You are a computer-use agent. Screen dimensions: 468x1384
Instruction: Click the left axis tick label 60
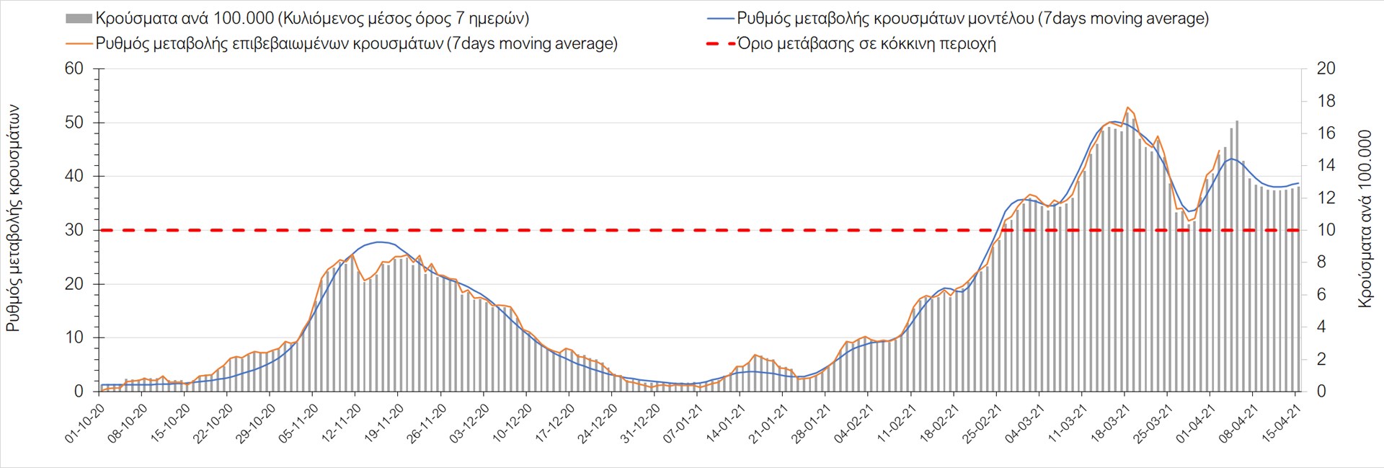(x=74, y=69)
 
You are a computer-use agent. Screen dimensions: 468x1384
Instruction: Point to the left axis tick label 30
(x=74, y=230)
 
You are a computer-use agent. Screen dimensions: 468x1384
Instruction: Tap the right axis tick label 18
(x=1326, y=101)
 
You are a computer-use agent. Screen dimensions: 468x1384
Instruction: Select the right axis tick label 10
(x=1326, y=230)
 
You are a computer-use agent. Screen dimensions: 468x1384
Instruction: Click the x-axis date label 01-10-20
(x=86, y=423)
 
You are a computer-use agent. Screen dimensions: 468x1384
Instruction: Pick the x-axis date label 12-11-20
(x=342, y=423)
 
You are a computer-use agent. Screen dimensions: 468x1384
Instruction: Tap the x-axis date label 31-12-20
(x=641, y=423)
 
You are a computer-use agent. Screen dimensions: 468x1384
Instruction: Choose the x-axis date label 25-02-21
(x=982, y=423)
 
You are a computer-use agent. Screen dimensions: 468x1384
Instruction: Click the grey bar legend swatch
(x=79, y=19)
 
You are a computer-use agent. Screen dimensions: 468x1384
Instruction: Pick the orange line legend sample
(x=79, y=44)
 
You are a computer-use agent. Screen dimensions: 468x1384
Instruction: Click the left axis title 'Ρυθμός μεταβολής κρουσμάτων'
(x=13, y=218)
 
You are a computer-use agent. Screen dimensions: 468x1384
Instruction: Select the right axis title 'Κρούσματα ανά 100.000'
(x=1365, y=218)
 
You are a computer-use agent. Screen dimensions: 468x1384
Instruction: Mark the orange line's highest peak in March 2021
(x=1127, y=107)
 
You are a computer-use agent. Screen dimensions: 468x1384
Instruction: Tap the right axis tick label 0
(x=1321, y=392)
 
